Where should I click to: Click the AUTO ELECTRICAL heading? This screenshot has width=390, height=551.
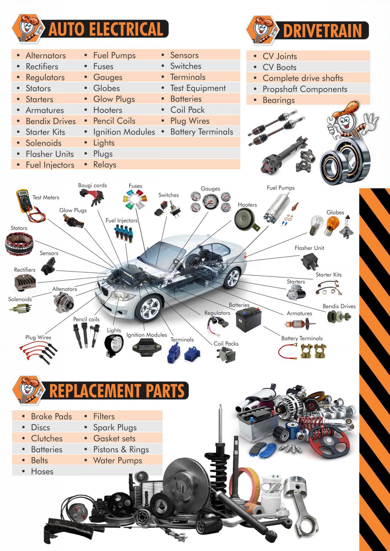tap(106, 29)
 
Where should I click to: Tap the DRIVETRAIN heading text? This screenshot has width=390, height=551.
tap(322, 31)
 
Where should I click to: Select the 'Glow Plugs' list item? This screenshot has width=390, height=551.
tap(114, 99)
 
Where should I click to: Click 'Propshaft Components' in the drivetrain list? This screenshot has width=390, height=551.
tap(305, 89)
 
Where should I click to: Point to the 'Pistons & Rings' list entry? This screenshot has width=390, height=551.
tap(121, 449)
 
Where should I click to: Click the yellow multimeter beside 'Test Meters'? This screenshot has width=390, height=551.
tap(25, 201)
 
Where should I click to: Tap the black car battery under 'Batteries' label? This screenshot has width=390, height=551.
tap(249, 320)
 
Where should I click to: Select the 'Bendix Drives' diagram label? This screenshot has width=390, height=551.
tap(339, 306)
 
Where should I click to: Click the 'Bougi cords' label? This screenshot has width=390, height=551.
tap(92, 185)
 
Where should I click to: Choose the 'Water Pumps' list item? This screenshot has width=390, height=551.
tap(118, 460)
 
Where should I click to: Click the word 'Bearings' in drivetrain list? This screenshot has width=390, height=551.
tap(279, 100)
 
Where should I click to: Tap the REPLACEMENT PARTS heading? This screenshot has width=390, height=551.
tap(117, 391)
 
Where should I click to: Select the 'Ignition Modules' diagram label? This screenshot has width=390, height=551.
tap(147, 335)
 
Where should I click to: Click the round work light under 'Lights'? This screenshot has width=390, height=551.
tap(114, 346)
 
